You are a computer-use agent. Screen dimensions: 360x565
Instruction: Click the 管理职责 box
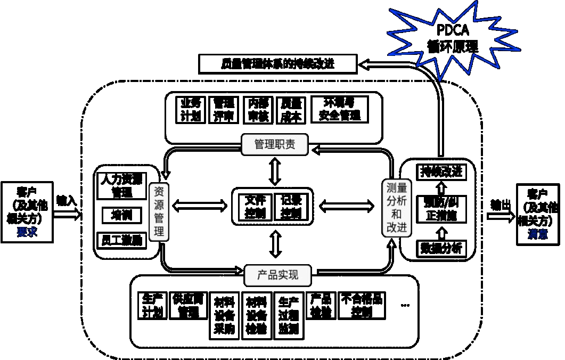tap(274, 144)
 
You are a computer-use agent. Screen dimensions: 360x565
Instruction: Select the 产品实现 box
tap(277, 275)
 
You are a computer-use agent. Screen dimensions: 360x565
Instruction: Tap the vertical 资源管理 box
tap(159, 211)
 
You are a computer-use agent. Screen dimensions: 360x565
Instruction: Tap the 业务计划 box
tap(190, 110)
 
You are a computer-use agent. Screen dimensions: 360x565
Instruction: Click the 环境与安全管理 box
tap(339, 109)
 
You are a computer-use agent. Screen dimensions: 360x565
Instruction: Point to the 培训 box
tap(121, 215)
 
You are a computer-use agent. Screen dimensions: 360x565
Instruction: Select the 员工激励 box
tap(121, 240)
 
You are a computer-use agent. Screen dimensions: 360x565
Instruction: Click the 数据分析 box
tap(441, 249)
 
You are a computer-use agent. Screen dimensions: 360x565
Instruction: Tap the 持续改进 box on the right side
tap(441, 171)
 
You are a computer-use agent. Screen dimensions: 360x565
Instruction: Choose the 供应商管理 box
tap(188, 306)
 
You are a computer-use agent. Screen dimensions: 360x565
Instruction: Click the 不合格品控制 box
tap(362, 306)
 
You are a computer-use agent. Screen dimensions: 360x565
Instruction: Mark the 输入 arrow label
tap(67, 201)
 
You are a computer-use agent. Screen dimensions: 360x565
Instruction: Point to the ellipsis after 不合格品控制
tap(405, 305)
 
